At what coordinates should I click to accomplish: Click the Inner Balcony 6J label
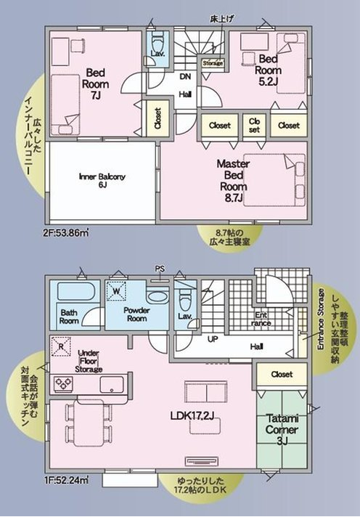[102, 181]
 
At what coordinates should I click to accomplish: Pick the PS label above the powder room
[160, 269]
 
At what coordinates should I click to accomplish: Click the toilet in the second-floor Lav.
[157, 45]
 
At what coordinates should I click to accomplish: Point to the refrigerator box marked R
[62, 346]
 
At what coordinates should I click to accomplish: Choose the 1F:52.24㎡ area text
[66, 480]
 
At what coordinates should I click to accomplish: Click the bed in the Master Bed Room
[272, 174]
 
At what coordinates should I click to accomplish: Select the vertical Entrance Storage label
[320, 319]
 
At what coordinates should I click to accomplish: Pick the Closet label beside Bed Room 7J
[157, 118]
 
